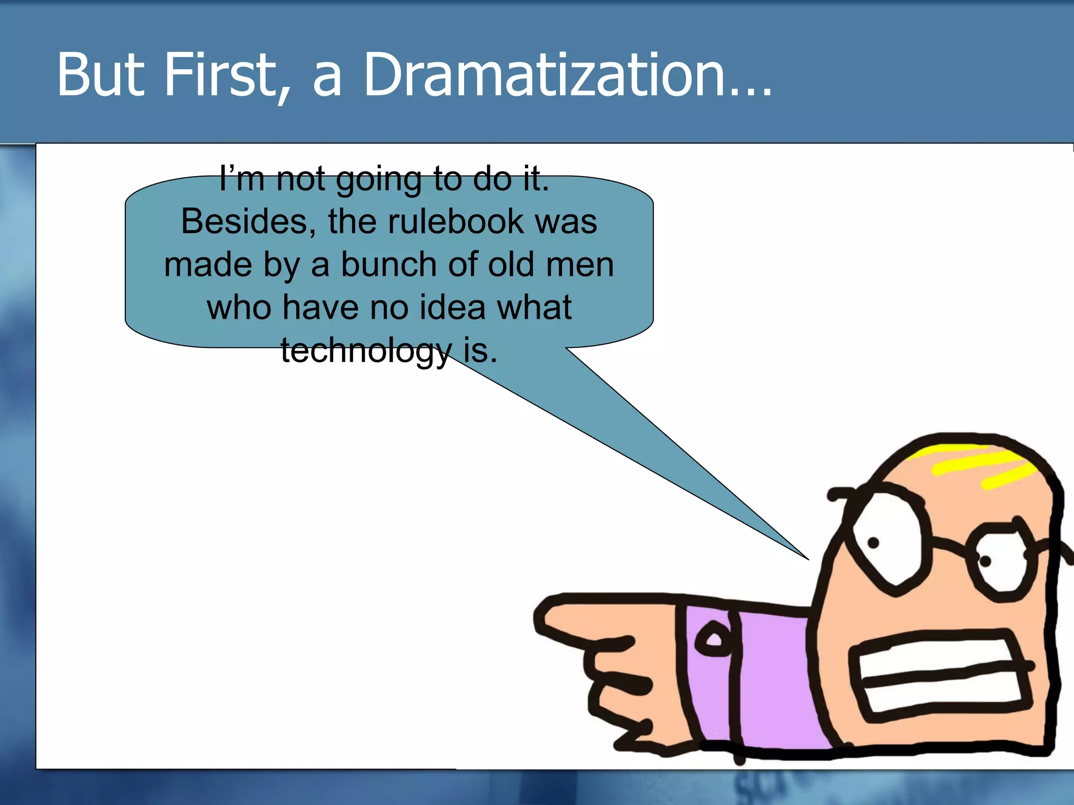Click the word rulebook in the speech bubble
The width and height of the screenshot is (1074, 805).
coord(455,222)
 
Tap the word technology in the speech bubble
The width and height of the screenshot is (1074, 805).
coord(366,351)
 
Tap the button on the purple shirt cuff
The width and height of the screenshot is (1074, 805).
coord(713,639)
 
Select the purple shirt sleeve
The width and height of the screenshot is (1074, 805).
coord(771,681)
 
